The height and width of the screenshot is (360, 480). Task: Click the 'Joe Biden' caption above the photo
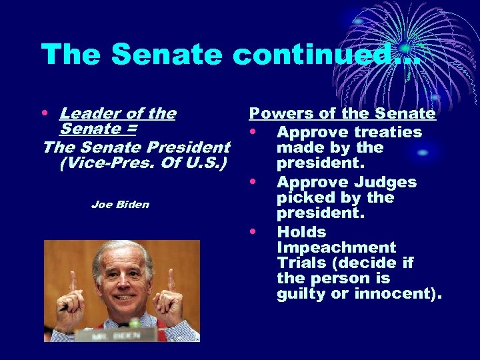[120, 205]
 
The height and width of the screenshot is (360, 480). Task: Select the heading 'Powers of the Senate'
[342, 114]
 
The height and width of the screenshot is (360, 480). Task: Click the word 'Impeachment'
[336, 247]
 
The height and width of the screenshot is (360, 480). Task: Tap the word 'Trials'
[301, 263]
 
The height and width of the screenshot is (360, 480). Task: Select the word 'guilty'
[302, 293]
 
